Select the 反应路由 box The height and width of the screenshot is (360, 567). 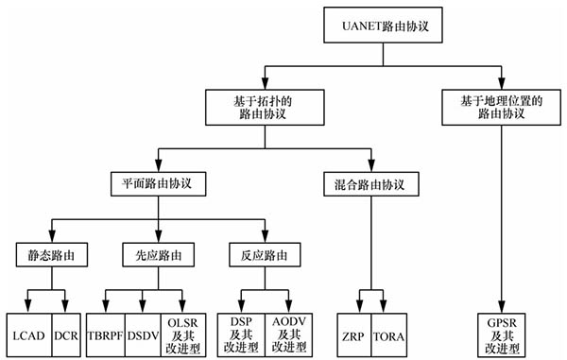point(265,255)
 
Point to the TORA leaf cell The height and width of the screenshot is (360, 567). point(388,334)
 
